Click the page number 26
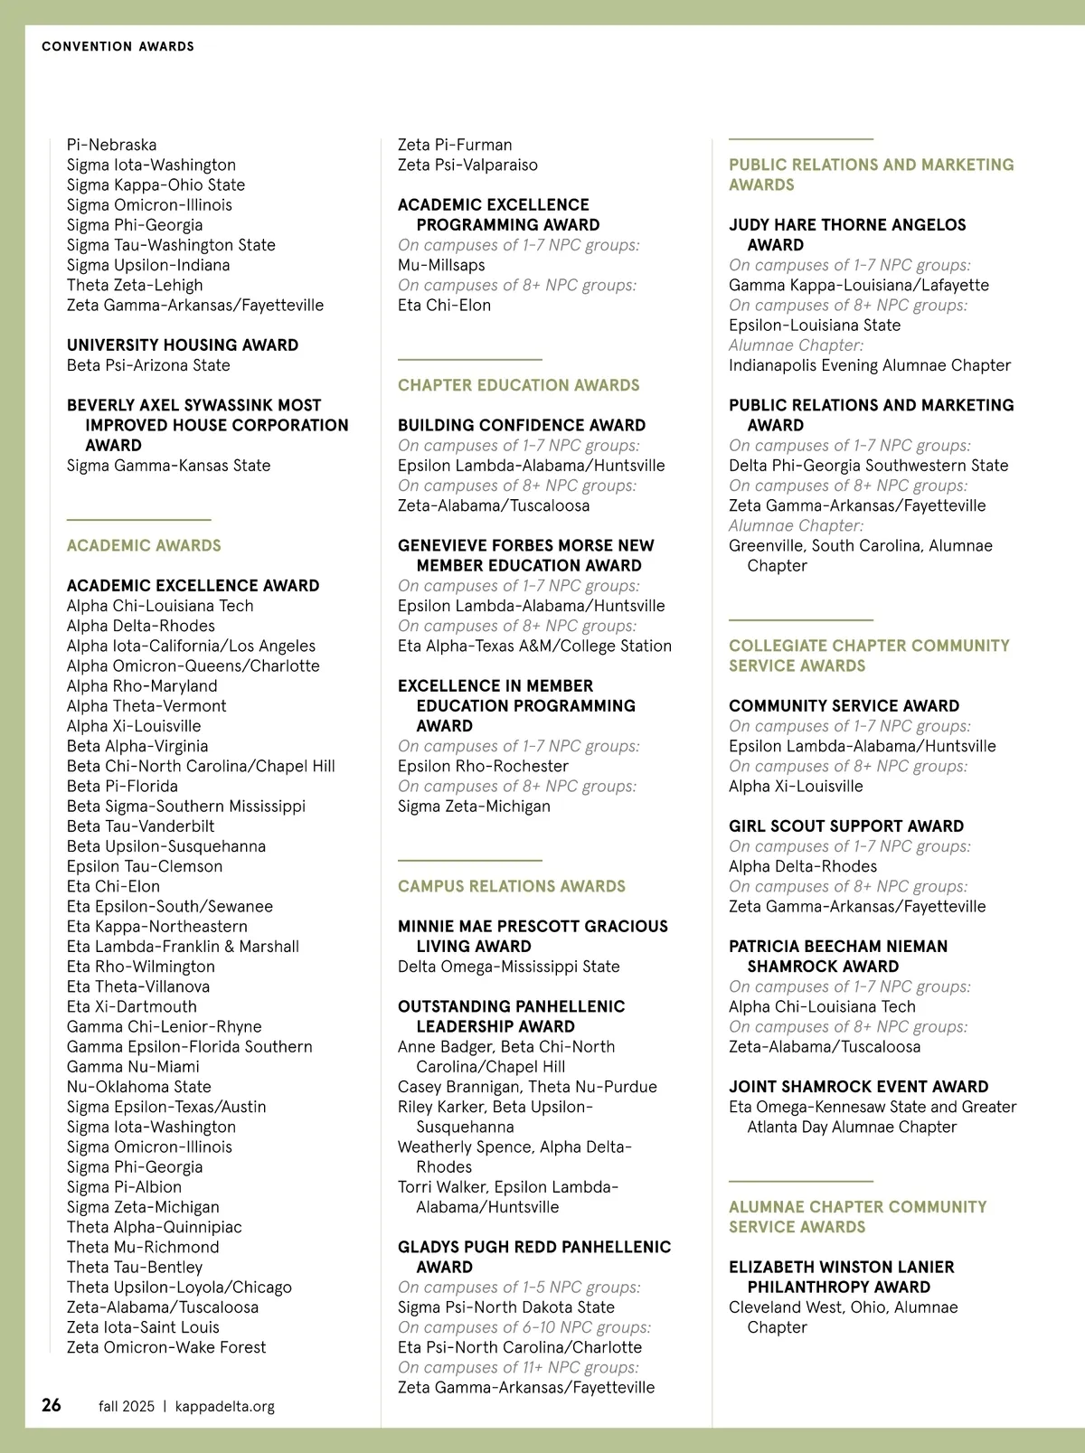pos(52,1404)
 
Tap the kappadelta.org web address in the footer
pos(224,1406)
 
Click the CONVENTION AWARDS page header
pos(118,46)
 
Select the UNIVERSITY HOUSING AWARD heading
pos(183,344)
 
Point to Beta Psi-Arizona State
pos(148,365)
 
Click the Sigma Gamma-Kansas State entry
pos(168,466)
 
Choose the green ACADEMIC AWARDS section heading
pos(144,545)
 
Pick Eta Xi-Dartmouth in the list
pos(131,1006)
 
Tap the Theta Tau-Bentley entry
pos(135,1267)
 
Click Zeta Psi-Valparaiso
pos(467,165)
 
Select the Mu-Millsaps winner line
pos(441,265)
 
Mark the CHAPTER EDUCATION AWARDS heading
pos(518,385)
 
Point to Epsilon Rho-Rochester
pos(483,766)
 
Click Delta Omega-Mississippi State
pos(509,967)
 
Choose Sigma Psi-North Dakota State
pos(506,1307)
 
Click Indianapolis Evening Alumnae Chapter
pos(870,365)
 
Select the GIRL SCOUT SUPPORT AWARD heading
pos(846,826)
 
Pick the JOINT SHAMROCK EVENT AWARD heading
pos(859,1087)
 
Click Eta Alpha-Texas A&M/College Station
pos(534,646)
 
